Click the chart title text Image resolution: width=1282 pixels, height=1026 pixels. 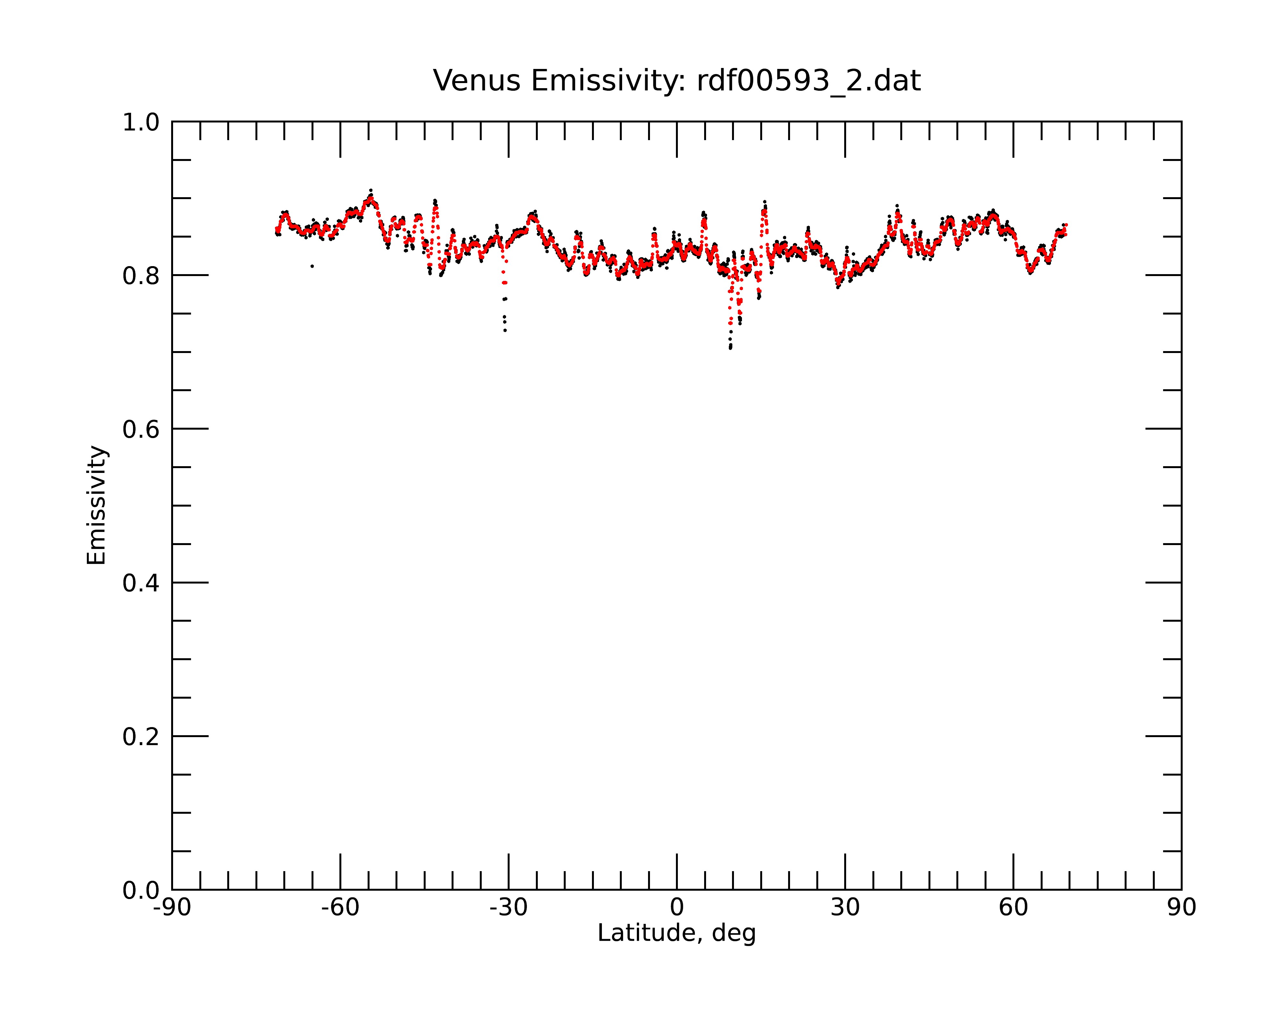(x=677, y=81)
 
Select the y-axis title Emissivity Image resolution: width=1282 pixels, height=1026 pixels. (x=96, y=505)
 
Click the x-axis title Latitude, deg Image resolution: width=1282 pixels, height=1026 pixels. (x=677, y=933)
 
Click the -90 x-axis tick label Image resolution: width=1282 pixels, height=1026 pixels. (x=172, y=908)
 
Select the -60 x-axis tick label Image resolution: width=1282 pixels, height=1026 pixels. (x=340, y=908)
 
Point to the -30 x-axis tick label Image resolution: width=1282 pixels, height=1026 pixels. (x=508, y=908)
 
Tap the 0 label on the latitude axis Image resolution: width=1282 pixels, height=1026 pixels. (x=677, y=908)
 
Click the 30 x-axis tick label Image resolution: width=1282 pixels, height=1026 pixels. (x=845, y=908)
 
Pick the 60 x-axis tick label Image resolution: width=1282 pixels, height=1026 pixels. (x=1013, y=908)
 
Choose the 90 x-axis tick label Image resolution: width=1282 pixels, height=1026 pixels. (x=1181, y=908)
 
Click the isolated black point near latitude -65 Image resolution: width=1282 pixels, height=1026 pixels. (x=312, y=266)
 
